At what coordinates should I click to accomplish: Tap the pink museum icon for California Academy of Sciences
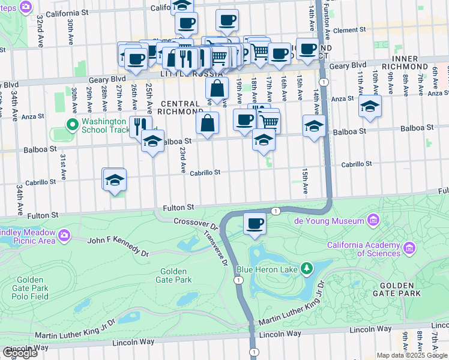click(409, 248)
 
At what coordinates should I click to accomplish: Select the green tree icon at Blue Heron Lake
click(307, 268)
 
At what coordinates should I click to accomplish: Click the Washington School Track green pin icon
click(72, 125)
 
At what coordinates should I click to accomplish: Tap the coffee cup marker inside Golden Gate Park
click(255, 224)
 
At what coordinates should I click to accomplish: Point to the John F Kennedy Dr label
click(118, 246)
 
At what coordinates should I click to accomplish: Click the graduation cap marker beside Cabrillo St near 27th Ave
click(115, 179)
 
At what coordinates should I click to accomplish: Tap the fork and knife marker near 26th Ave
click(140, 126)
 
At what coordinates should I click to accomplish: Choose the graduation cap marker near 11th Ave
click(370, 106)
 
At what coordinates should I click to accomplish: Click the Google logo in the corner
click(19, 353)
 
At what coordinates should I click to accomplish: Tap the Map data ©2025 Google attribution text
click(412, 355)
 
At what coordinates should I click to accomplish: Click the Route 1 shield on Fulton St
click(275, 211)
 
